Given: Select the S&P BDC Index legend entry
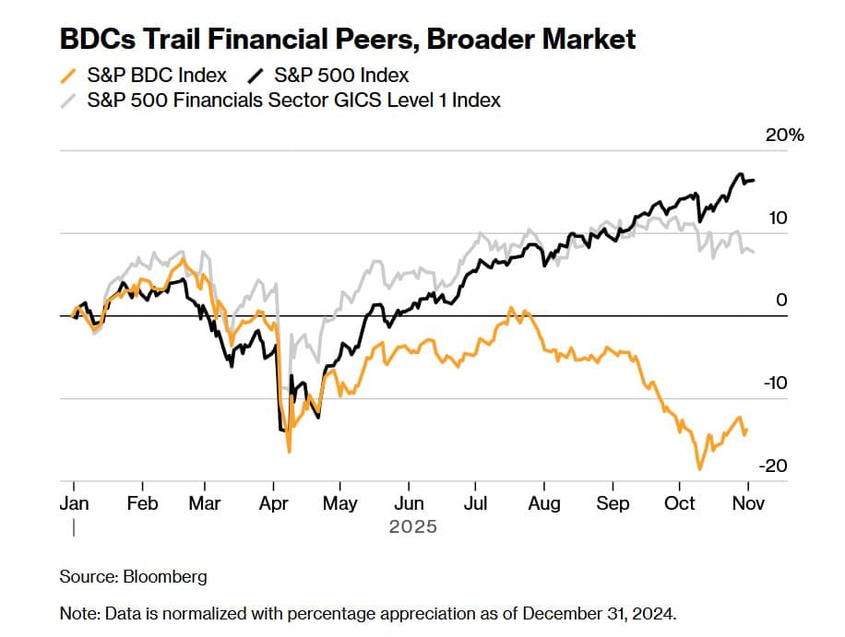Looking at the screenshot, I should (156, 75).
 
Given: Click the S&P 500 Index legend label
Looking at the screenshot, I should (341, 75).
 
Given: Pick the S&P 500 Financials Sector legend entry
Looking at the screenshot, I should (293, 100).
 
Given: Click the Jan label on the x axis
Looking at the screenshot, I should (73, 503).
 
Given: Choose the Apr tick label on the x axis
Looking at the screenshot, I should (274, 503).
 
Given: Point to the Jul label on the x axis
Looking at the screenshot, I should (476, 503).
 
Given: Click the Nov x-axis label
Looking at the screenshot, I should (748, 503).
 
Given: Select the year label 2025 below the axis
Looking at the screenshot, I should (412, 527).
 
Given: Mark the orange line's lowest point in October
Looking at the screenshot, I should (700, 469).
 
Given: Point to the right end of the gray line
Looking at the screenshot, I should (754, 252).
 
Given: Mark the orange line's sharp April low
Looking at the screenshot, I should (290, 451).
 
